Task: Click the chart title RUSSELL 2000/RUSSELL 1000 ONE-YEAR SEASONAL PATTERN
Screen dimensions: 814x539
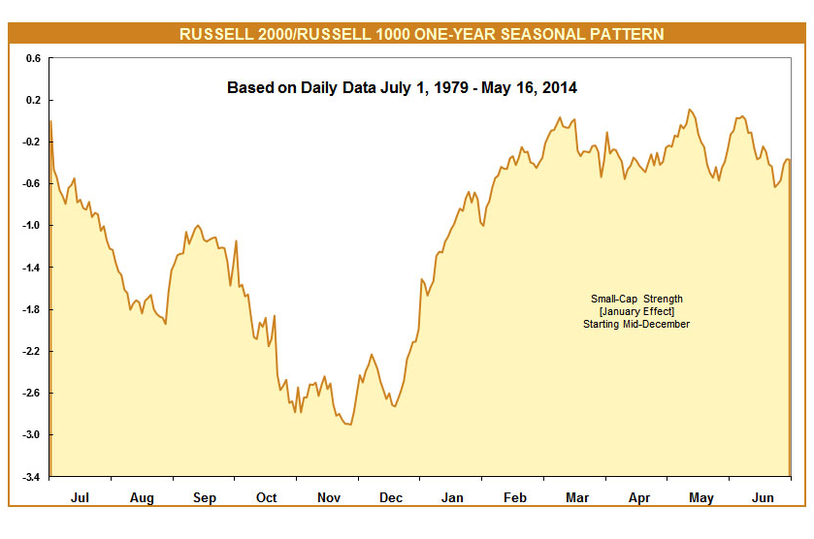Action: coord(421,34)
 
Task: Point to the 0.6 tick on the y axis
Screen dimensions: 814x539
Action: coord(33,58)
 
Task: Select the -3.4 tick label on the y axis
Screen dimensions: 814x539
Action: coord(31,477)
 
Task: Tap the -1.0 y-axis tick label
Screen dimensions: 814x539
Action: coord(31,226)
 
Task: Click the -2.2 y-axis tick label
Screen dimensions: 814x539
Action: coord(31,351)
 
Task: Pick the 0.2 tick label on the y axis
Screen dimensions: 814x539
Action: coord(33,100)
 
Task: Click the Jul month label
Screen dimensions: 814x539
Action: coord(80,497)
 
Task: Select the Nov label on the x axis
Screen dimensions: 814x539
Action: coord(329,497)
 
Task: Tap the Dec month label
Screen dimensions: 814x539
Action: coord(391,497)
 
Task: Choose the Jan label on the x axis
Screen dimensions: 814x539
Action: coord(452,497)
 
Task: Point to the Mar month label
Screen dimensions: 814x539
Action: coord(577,497)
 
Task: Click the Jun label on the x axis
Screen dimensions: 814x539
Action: coord(763,497)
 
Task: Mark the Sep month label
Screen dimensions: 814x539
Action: coord(205,497)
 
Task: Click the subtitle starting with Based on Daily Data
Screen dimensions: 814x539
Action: coord(402,87)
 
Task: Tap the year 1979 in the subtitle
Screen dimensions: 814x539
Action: coord(450,87)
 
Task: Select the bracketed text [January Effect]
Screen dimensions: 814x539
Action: coord(636,311)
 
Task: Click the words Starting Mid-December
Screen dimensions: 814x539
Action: coord(636,324)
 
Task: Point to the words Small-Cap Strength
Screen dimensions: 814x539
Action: coord(636,299)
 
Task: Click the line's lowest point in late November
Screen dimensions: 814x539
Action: coord(351,425)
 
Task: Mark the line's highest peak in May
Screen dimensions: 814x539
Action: coord(690,110)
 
